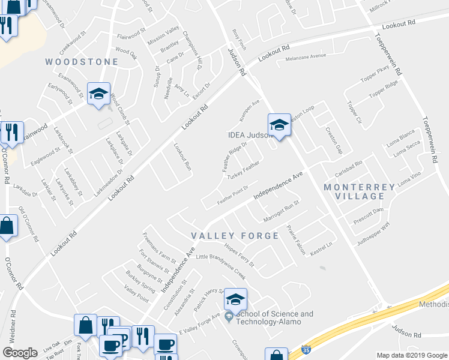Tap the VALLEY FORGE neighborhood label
click(x=235, y=236)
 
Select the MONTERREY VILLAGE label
click(x=360, y=191)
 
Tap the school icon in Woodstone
click(x=98, y=94)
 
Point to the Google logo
click(x=20, y=353)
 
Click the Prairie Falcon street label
click(x=294, y=238)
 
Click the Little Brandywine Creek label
click(x=221, y=266)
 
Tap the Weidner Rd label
click(x=13, y=329)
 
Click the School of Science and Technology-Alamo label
click(x=275, y=318)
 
